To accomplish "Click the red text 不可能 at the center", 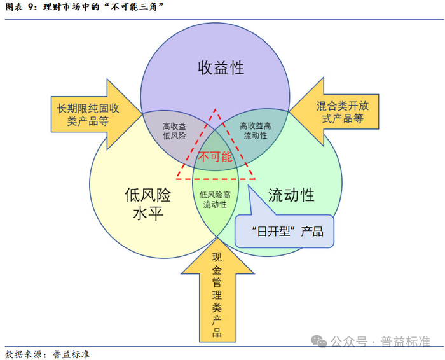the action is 216,156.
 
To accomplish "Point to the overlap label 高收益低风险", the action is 174,131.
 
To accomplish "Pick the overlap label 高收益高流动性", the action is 256,131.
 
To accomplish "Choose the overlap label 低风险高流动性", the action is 215,200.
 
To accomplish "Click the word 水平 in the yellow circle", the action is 148,213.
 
